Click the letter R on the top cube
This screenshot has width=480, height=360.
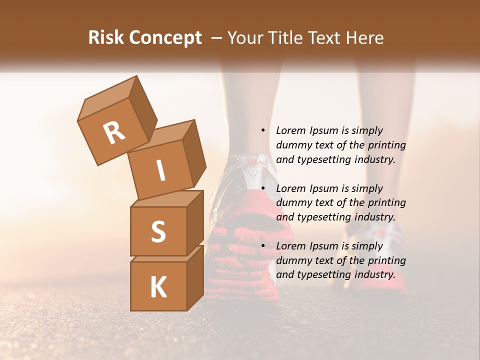(114, 132)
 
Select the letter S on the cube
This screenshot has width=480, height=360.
(158, 231)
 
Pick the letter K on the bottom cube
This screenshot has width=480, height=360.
(158, 287)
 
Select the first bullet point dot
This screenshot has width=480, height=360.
(263, 130)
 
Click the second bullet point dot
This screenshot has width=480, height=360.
(263, 188)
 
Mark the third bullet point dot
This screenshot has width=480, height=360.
(263, 246)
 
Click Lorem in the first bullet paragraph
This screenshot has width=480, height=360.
(290, 130)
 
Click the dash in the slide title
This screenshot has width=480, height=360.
(217, 38)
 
